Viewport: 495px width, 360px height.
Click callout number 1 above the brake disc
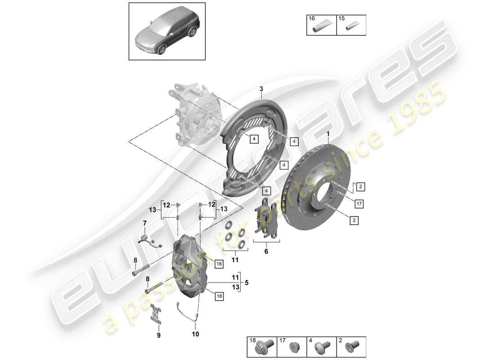[x=328, y=134]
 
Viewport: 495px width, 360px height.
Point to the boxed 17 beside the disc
[x=358, y=204]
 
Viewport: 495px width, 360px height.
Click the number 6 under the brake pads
[x=266, y=252]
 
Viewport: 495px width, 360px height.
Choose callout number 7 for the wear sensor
[x=145, y=223]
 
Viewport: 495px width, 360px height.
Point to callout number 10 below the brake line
[x=196, y=334]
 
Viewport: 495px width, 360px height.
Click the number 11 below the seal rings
[x=234, y=260]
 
